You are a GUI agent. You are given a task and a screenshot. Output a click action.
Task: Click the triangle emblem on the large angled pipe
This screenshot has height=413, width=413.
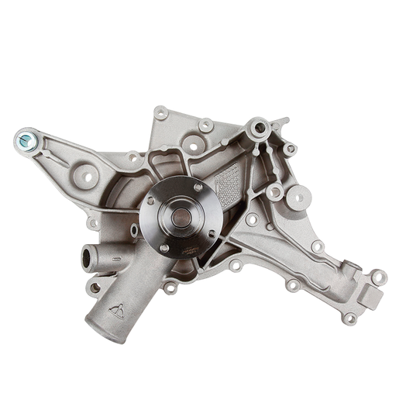tap(117, 311)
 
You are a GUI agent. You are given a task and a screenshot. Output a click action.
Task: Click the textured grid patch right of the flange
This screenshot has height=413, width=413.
tap(229, 186)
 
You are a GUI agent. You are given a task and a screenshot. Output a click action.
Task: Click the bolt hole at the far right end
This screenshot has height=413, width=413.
tap(378, 276)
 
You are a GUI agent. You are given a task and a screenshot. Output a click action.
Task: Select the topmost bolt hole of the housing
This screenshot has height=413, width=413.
tap(161, 113)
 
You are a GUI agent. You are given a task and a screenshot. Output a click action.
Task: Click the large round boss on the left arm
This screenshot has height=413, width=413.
tap(86, 177)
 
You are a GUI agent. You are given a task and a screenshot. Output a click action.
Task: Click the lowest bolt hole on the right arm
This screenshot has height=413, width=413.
tap(349, 318)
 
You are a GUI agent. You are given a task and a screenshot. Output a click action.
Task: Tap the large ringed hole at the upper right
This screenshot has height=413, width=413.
tap(258, 127)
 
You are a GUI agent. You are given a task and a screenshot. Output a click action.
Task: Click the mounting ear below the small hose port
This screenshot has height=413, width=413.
tap(95, 287)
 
